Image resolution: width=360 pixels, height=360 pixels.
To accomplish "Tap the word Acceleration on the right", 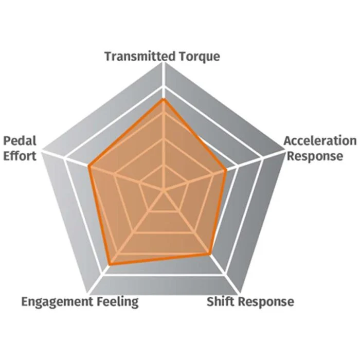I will click(x=320, y=141).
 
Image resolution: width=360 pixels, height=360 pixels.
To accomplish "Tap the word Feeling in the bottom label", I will click(x=118, y=301).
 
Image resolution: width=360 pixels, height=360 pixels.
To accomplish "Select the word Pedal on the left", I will click(x=20, y=141).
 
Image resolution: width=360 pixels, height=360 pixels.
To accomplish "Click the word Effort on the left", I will click(x=20, y=156).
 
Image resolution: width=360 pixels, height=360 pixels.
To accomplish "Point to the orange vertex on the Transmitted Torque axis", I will click(x=163, y=100).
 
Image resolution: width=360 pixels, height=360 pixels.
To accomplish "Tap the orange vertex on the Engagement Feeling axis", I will click(x=110, y=264).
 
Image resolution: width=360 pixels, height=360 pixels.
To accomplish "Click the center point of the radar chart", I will click(x=163, y=190).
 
